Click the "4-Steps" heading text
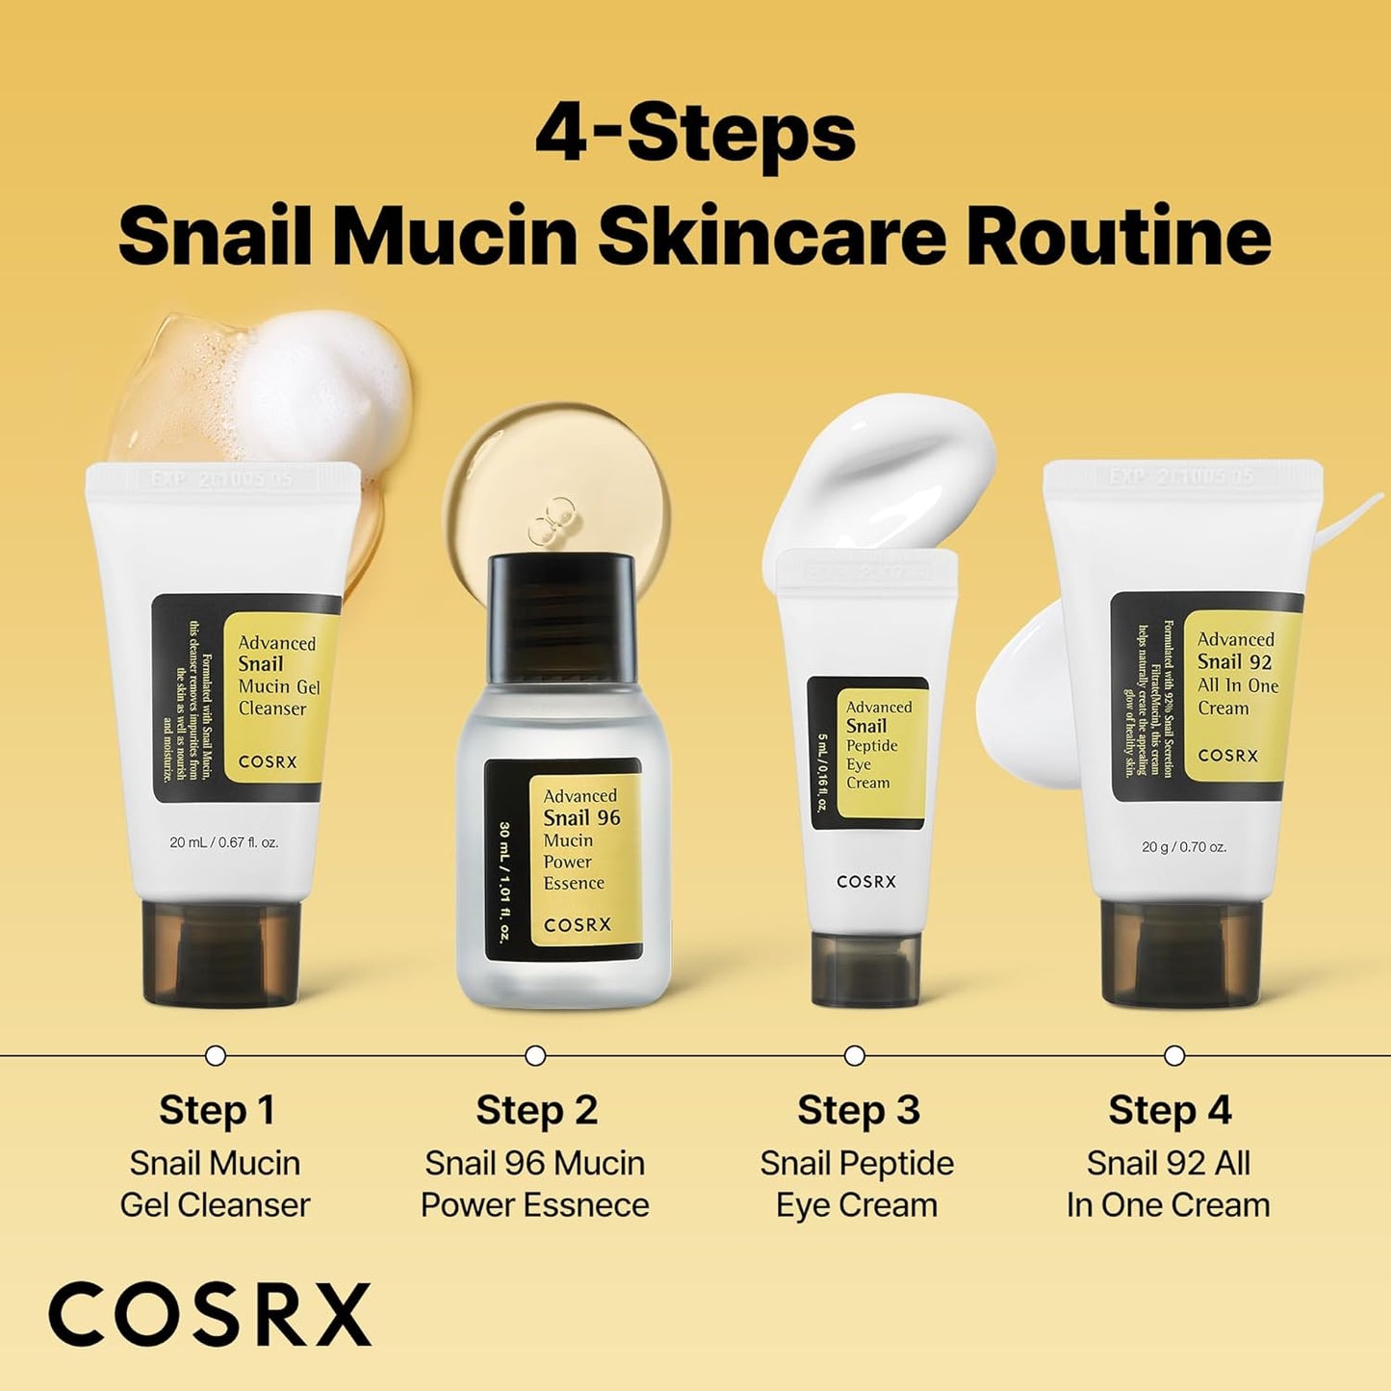click(695, 135)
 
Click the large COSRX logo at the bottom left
click(210, 1314)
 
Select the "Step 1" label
click(217, 1110)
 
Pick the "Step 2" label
click(536, 1110)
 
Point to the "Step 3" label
click(858, 1110)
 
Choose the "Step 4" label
click(1170, 1110)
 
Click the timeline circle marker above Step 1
click(216, 1056)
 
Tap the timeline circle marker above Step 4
click(1174, 1056)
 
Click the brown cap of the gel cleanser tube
click(221, 951)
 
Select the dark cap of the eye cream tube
click(865, 967)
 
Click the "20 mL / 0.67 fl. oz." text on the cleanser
click(223, 842)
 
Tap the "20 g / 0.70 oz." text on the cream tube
click(1184, 847)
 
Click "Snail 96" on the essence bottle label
click(581, 818)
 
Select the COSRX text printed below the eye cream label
click(866, 881)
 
